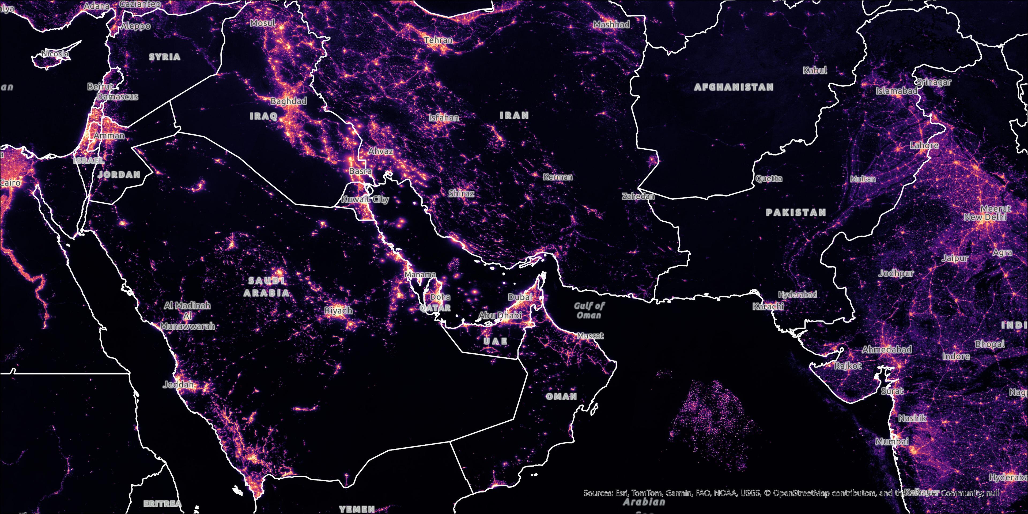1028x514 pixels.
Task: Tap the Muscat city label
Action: point(590,336)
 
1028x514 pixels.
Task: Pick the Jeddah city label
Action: point(178,385)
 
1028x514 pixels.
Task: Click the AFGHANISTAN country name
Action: point(734,87)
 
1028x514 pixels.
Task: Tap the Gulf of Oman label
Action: point(589,311)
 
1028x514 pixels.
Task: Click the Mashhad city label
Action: point(611,25)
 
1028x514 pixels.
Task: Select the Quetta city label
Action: point(769,178)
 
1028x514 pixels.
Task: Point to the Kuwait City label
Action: point(365,199)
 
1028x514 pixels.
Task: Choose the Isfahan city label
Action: point(444,118)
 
